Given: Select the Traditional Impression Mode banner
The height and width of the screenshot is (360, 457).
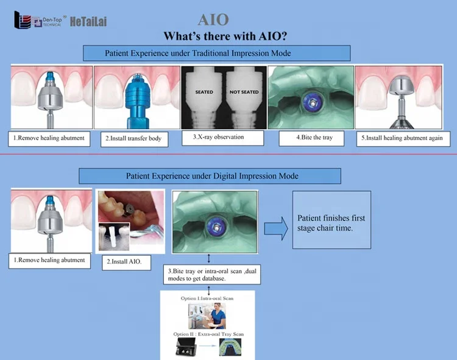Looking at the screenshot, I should (x=216, y=53).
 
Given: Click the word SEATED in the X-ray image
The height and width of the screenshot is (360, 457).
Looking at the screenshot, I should (x=204, y=92).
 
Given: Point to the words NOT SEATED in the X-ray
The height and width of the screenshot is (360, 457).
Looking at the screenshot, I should (x=244, y=92).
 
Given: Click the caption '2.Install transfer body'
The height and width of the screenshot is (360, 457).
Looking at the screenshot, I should (x=133, y=138).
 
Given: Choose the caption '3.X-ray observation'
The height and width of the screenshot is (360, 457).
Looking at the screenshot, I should (x=222, y=138).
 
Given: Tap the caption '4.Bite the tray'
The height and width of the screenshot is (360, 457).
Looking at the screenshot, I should (x=314, y=138).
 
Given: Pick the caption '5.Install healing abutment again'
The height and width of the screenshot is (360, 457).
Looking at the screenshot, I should (x=402, y=138).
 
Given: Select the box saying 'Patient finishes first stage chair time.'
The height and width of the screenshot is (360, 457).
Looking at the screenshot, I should (x=331, y=219).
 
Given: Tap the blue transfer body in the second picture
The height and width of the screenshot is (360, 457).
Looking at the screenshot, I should (x=132, y=101).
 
